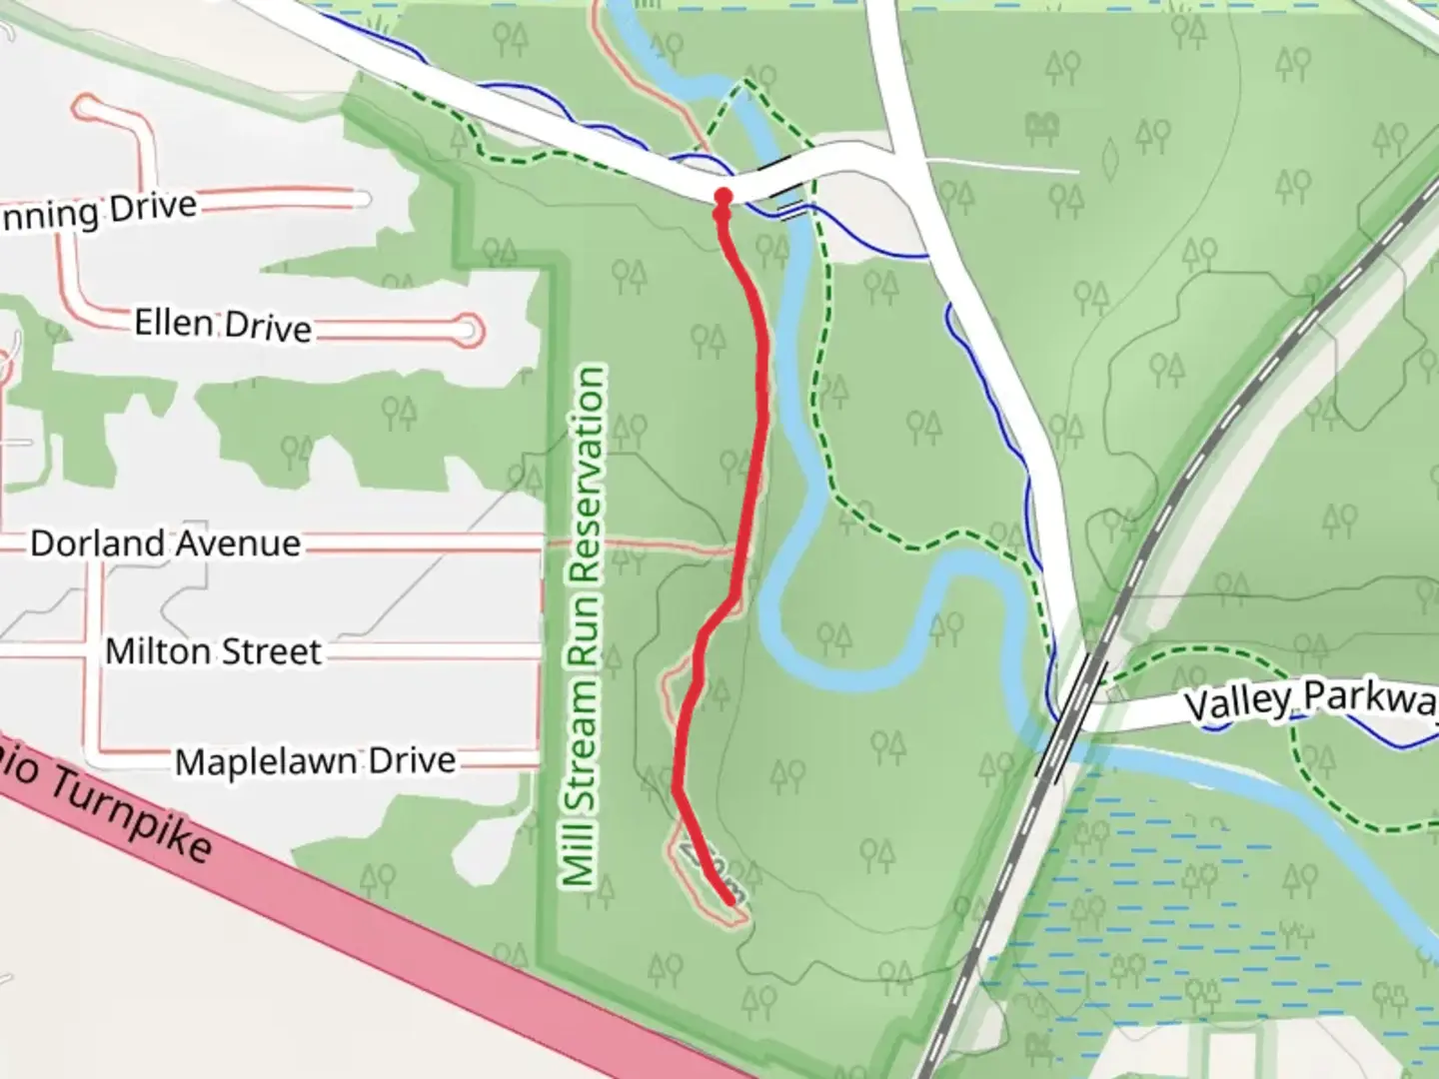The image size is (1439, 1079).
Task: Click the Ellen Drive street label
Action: coord(223,326)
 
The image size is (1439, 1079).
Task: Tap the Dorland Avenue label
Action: coord(165,543)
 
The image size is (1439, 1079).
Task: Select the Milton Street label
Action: coord(213,651)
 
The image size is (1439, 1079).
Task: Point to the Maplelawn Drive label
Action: coord(315,761)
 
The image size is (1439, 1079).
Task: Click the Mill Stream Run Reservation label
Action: coord(584,625)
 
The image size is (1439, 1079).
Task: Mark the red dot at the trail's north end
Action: coord(722,196)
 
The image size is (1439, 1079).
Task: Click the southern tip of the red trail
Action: coord(731,901)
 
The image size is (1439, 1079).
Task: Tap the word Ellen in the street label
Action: coord(173,324)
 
